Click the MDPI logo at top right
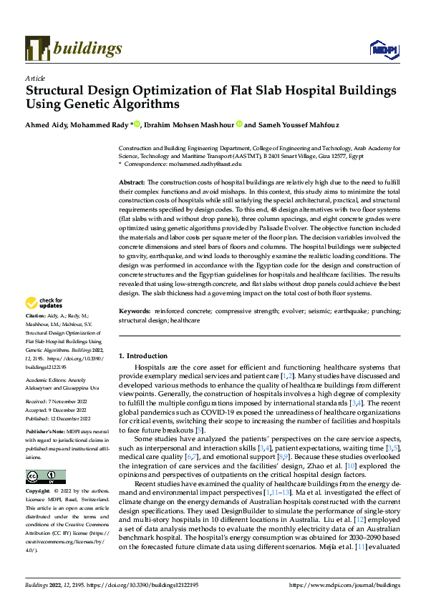click(382, 48)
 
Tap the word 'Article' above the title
click(35, 78)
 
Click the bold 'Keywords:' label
click(135, 312)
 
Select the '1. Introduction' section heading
click(143, 355)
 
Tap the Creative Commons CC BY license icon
click(45, 476)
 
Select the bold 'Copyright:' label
click(39, 493)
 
